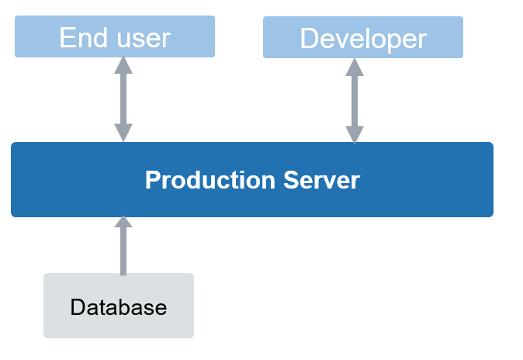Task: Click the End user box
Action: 115,36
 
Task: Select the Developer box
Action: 362,37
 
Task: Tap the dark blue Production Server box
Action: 252,179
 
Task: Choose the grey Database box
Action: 118,306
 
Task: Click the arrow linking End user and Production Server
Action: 123,99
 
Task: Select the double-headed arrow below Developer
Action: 354,101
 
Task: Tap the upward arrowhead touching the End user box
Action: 123,66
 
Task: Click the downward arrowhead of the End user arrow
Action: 123,133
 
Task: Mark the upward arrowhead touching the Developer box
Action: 354,67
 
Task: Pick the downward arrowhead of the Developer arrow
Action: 354,135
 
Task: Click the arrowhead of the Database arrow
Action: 123,223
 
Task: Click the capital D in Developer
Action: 310,38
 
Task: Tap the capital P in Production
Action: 152,180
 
